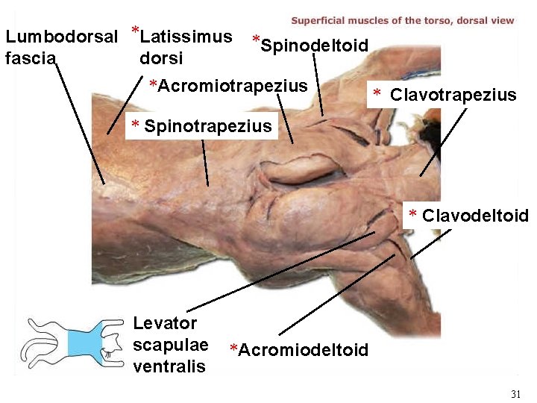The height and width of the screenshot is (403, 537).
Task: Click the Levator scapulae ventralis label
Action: [169, 344]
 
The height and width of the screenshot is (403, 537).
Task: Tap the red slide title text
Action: [402, 20]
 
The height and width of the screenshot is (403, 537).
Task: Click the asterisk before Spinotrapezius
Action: [135, 125]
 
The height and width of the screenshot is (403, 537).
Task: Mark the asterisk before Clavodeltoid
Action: [414, 216]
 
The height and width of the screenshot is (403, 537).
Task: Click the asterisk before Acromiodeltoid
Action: [234, 350]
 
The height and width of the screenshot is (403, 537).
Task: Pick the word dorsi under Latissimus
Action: [160, 58]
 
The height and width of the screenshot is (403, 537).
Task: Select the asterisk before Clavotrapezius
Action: [377, 95]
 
